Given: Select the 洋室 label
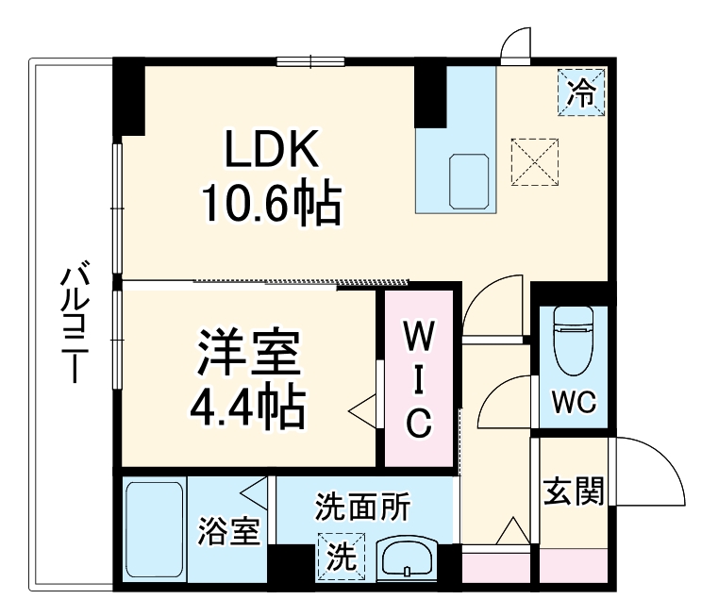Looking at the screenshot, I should point(249,355).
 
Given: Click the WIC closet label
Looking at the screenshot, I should point(418,378).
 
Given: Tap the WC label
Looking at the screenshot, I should point(574,403).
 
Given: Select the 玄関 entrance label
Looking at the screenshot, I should point(573,491).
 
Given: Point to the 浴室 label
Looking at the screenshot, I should point(227,533).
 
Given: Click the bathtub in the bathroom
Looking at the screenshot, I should point(154,532).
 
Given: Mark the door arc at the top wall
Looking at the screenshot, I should point(516,43).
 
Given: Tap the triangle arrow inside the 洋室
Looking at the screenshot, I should point(361,412).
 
